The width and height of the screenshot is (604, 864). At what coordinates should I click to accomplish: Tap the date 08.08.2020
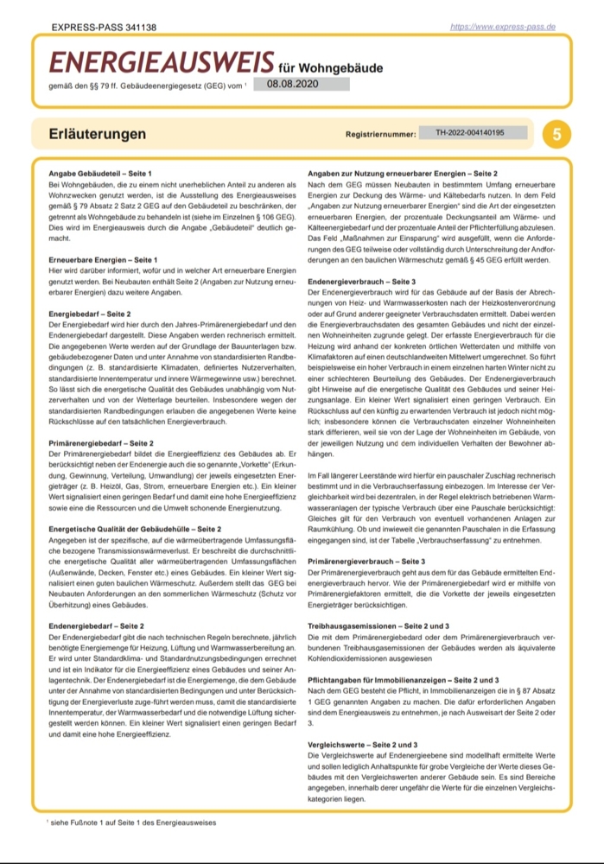coord(293,84)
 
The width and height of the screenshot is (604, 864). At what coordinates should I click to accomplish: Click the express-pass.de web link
coord(503,28)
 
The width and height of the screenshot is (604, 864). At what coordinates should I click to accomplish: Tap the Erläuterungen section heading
coord(98,135)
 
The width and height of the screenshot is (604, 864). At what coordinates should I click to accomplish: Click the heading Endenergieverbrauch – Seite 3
coord(362,282)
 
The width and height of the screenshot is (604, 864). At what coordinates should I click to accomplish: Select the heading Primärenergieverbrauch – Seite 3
coord(366,561)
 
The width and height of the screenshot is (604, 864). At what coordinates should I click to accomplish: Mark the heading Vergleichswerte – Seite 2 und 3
coord(363,743)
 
